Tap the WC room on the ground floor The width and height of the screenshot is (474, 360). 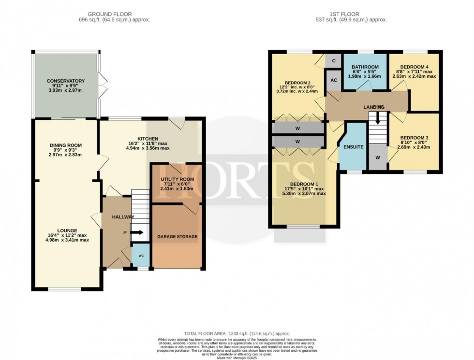coord(141,256)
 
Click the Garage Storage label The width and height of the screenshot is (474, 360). coord(177,236)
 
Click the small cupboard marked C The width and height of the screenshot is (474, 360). coord(333,61)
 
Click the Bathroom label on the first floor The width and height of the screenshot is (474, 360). coord(365,68)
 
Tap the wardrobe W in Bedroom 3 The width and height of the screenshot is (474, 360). coord(377,158)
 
